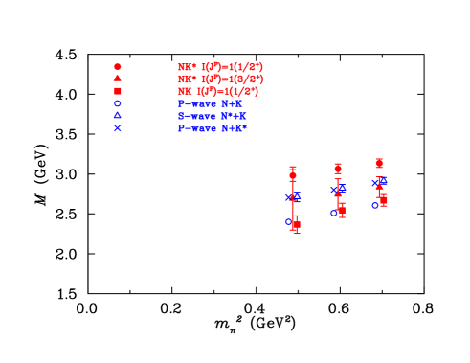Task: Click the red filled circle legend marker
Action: [x=118, y=67]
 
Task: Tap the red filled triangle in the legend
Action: [x=118, y=79]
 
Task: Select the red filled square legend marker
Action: [x=118, y=91]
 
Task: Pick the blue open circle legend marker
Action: [x=118, y=103]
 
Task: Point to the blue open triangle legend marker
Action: [x=118, y=115]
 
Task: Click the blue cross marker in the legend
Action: [x=118, y=127]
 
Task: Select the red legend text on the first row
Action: [x=219, y=67]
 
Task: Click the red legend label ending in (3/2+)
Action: [x=219, y=79]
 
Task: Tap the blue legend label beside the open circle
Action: [x=210, y=103]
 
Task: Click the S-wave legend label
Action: [x=212, y=116]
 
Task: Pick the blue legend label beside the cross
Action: [x=212, y=127]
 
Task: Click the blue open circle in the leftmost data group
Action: [x=288, y=221]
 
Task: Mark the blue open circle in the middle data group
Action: [x=334, y=213]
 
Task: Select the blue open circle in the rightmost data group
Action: [x=375, y=205]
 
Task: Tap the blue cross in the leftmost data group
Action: [x=289, y=198]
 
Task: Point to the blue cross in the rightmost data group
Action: [x=375, y=183]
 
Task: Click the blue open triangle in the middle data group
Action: [x=341, y=189]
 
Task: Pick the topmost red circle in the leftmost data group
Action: [x=293, y=175]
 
